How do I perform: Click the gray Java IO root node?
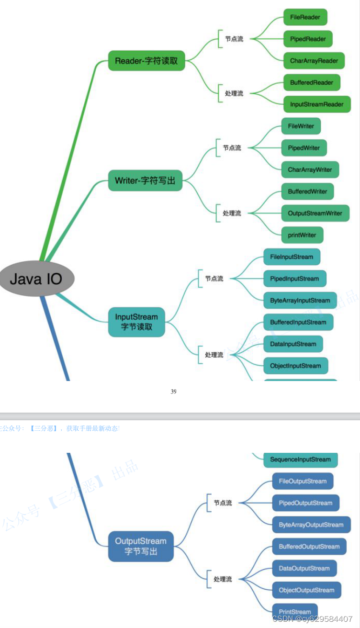click(36, 279)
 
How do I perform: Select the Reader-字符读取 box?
click(146, 61)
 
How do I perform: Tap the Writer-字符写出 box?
click(145, 180)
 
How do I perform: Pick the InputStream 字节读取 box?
click(136, 322)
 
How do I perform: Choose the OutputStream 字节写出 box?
click(141, 546)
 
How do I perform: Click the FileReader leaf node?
click(305, 17)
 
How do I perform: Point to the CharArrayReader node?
click(314, 61)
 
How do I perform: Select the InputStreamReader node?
click(316, 104)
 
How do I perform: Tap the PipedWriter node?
click(304, 148)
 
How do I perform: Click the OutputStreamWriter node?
click(315, 213)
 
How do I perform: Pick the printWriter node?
click(302, 235)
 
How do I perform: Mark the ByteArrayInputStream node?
click(300, 301)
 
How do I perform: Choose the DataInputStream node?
click(293, 344)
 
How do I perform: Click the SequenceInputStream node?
click(300, 460)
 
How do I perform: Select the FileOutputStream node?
click(303, 481)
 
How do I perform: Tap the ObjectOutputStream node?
click(306, 590)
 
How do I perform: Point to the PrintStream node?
click(294, 612)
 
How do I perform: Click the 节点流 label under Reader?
click(234, 39)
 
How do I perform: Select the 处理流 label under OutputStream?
click(223, 579)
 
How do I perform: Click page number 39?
click(173, 392)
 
